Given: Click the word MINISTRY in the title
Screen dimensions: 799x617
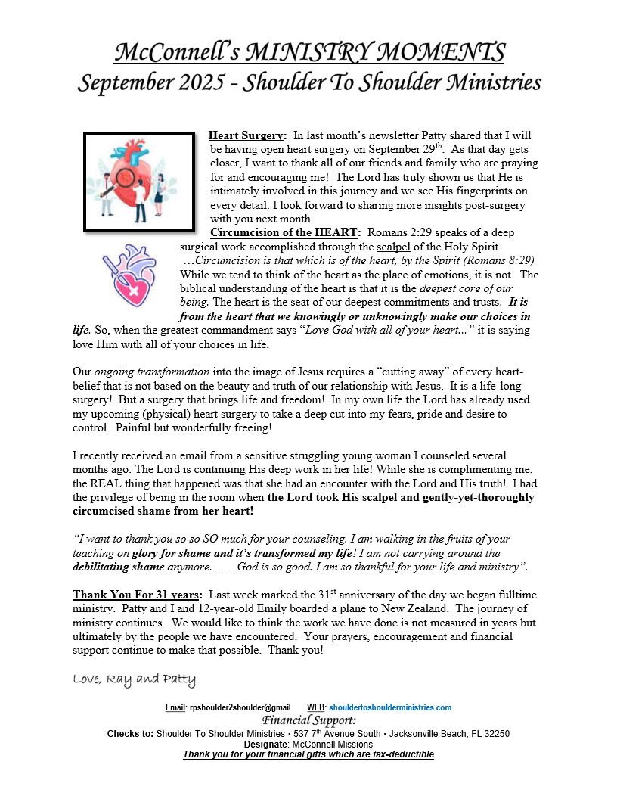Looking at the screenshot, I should point(311,53).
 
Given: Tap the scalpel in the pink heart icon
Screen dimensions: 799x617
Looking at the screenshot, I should point(119,269).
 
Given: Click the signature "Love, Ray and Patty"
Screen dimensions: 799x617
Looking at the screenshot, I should point(134,679).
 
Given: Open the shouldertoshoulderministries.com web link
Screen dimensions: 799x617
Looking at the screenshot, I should point(390,707).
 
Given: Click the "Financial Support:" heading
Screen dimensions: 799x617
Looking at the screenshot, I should point(308,720).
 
